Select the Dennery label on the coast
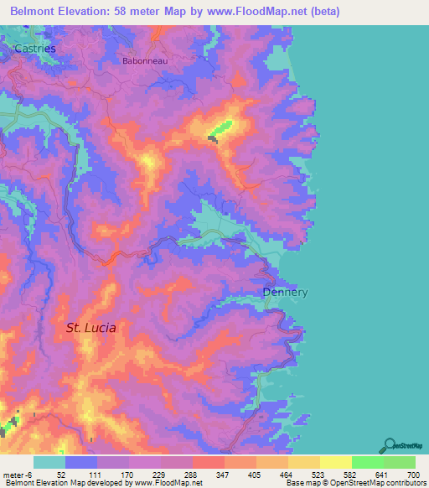point(285,293)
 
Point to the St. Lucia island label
point(90,328)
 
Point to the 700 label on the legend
point(411,474)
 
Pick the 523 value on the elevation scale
point(316,474)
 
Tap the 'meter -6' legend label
point(18,474)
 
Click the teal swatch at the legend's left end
point(49,462)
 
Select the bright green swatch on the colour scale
point(367,462)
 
